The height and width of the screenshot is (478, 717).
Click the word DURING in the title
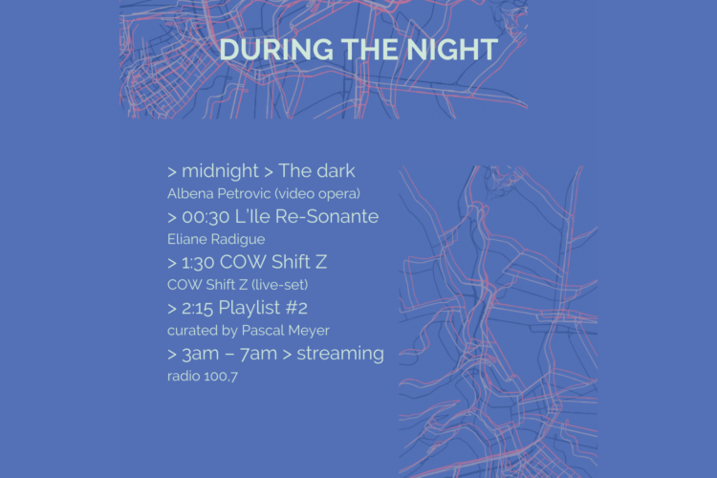click(276, 50)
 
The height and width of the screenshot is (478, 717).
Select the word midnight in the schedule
click(220, 171)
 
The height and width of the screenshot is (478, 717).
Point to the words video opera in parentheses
click(316, 194)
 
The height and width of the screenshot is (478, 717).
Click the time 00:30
click(206, 217)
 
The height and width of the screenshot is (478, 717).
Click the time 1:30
click(198, 263)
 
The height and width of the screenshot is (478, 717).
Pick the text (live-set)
click(279, 285)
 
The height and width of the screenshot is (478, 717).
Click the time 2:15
click(198, 308)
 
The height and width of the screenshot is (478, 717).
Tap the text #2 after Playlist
click(296, 308)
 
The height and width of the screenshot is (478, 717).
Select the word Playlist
click(250, 308)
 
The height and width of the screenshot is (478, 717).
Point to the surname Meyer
click(307, 331)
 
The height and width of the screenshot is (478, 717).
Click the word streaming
click(340, 354)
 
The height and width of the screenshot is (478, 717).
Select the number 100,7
click(221, 377)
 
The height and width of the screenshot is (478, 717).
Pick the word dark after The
click(337, 170)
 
